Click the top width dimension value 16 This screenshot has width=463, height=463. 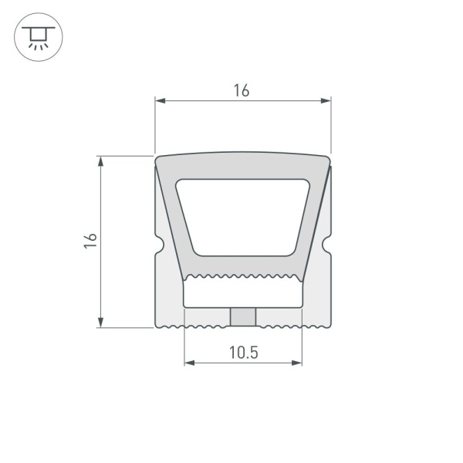tap(242, 90)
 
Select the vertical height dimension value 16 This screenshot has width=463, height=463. tap(90, 241)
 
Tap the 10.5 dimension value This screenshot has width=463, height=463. tap(243, 353)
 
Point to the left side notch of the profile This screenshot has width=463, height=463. tap(159, 247)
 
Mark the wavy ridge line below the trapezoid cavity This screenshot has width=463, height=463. tap(242, 275)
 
